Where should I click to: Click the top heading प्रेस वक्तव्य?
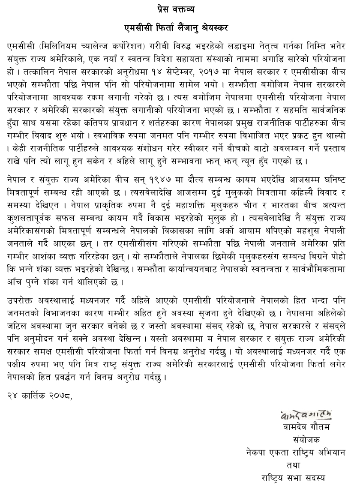180,9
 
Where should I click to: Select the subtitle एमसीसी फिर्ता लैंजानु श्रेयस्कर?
180,28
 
